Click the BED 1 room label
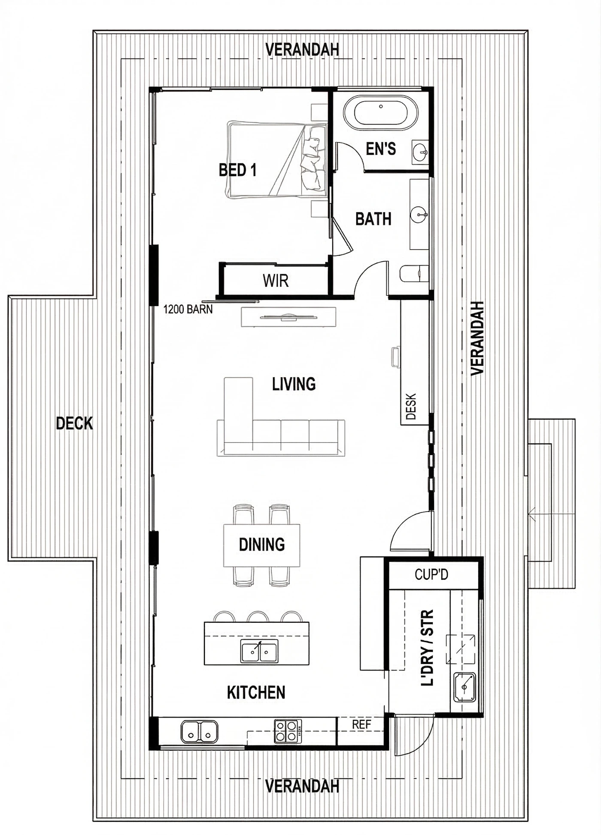click(x=237, y=170)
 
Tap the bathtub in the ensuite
click(x=380, y=113)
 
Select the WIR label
click(x=276, y=281)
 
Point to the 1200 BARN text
click(x=188, y=309)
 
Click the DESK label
click(x=411, y=407)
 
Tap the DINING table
click(x=261, y=545)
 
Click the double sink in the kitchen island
click(x=259, y=651)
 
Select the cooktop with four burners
click(x=288, y=731)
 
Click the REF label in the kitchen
click(x=361, y=725)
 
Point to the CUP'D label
click(x=431, y=575)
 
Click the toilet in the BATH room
click(x=414, y=274)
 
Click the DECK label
click(x=74, y=424)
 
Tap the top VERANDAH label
click(x=302, y=50)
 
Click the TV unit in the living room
click(x=288, y=317)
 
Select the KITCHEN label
click(x=256, y=693)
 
